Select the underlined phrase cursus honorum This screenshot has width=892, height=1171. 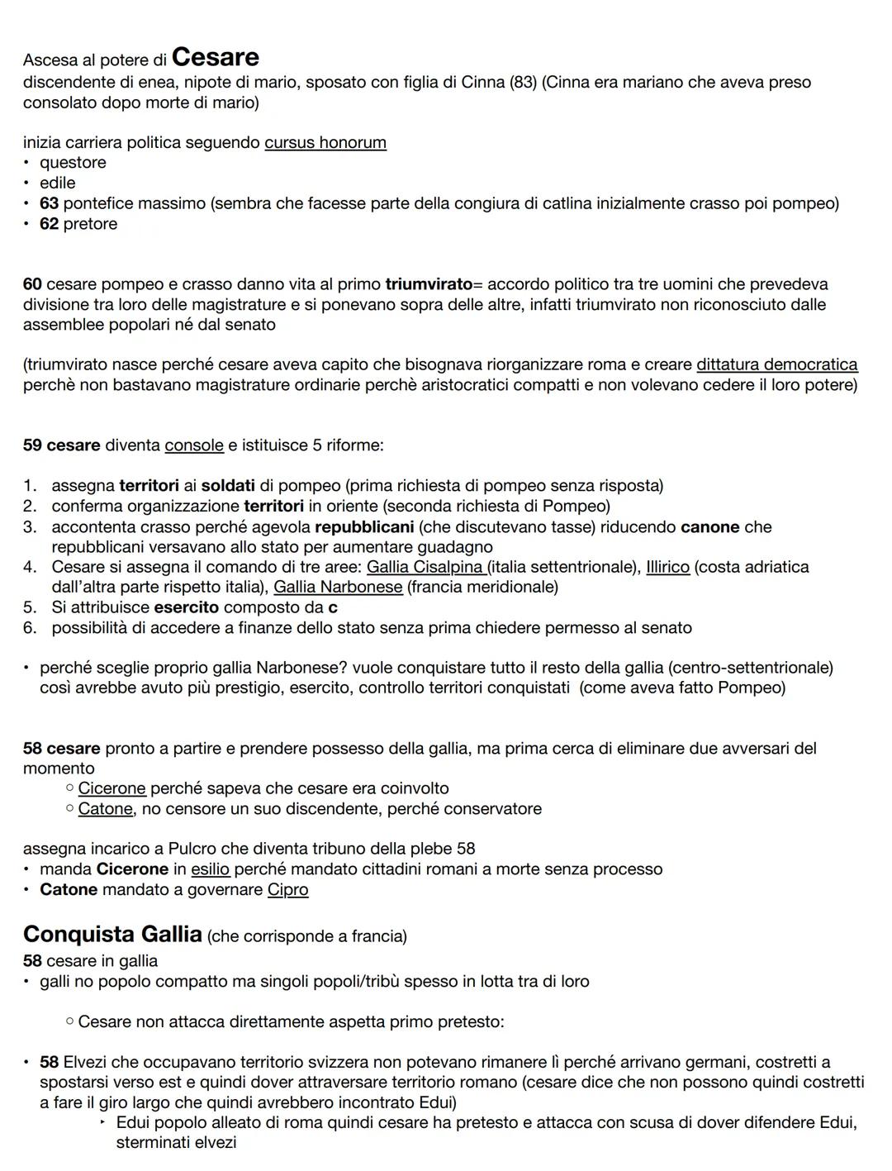click(325, 142)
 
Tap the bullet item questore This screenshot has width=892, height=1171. click(73, 163)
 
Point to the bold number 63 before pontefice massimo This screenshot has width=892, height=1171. click(49, 203)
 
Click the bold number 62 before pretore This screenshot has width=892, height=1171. click(49, 224)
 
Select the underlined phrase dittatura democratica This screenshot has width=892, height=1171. click(776, 364)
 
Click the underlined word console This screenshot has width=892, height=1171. click(194, 445)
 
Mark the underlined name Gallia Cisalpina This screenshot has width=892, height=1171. click(425, 567)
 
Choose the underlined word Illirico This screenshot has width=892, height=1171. click(667, 567)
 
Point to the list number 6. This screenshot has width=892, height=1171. click(30, 628)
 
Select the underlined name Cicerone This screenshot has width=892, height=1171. click(111, 788)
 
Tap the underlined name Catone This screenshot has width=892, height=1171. click(105, 808)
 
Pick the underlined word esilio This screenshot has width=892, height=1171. click(210, 869)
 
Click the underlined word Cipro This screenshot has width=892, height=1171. click(287, 890)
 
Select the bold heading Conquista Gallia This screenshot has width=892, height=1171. click(112, 934)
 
